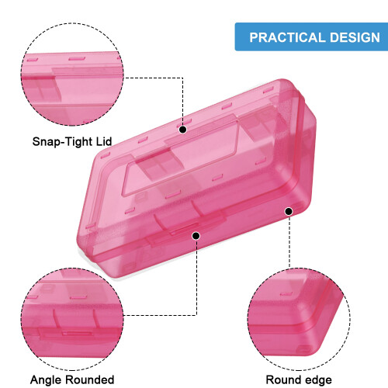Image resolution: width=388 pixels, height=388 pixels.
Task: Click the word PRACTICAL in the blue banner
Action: pyautogui.click(x=287, y=37)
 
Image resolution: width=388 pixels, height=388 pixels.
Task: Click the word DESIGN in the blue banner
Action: pyautogui.click(x=355, y=37)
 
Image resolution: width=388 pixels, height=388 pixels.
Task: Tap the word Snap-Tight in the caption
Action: pyautogui.click(x=62, y=142)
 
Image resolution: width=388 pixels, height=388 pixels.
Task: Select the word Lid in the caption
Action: pyautogui.click(x=104, y=141)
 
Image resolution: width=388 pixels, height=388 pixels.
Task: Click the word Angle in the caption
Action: pyautogui.click(x=46, y=380)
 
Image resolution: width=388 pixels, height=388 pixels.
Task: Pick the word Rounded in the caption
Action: pyautogui.click(x=89, y=379)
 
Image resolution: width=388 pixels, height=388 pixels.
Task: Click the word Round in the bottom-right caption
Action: pyautogui.click(x=281, y=379)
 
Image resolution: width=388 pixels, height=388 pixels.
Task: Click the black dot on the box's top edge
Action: pyautogui.click(x=183, y=130)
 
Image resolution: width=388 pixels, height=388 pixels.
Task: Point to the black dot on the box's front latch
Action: pyautogui.click(x=196, y=236)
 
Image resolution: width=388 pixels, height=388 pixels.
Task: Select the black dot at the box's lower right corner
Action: pyautogui.click(x=289, y=211)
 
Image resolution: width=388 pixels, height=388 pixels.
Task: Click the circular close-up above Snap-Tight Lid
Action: pyautogui.click(x=72, y=74)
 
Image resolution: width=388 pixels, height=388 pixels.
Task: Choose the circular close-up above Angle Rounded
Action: pyautogui.click(x=72, y=319)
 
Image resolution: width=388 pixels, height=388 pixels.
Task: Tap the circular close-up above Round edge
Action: pyautogui.click(x=299, y=319)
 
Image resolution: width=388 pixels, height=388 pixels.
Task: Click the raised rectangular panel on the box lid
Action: pyautogui.click(x=181, y=158)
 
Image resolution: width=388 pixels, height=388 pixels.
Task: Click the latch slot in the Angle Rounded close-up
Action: pyautogui.click(x=77, y=333)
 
